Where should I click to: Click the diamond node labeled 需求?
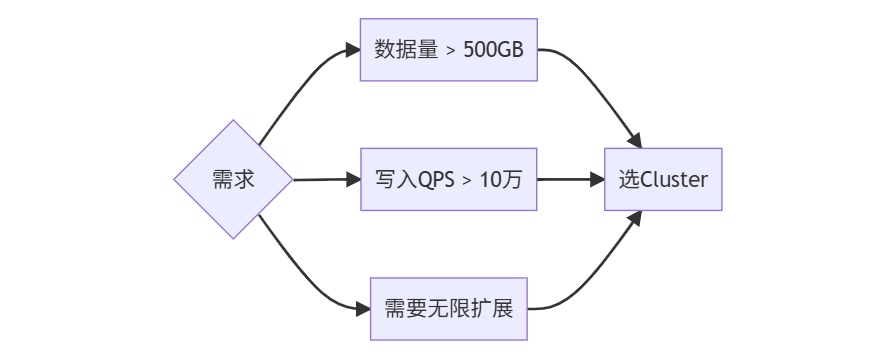coord(233,180)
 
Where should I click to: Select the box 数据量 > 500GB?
coord(448,50)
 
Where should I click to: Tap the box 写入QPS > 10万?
coord(448,180)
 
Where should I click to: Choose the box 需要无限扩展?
coord(448,308)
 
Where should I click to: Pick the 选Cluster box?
coord(663,180)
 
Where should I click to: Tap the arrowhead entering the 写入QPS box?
coord(352,180)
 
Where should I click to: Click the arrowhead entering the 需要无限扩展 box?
coord(362,308)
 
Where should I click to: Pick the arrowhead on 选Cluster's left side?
coord(597,180)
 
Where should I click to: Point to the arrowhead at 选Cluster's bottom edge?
coord(636,217)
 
